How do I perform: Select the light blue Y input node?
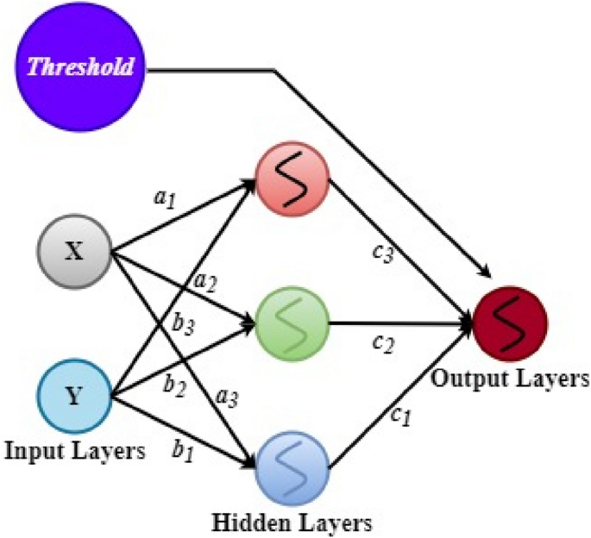(74, 398)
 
